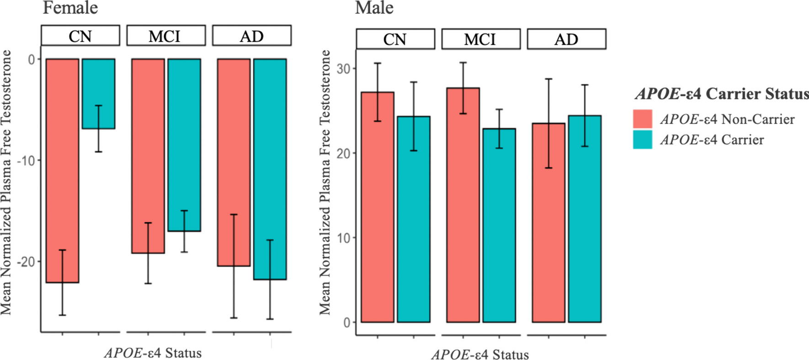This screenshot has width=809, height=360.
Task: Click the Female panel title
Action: (70, 8)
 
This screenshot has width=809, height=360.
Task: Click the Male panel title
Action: (374, 8)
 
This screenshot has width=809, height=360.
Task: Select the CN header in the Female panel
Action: (80, 36)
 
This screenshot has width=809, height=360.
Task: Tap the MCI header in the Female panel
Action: (165, 36)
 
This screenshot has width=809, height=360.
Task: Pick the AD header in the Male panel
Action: (566, 39)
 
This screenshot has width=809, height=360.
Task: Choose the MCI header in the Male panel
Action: (481, 39)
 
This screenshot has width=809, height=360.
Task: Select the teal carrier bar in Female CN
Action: (98, 94)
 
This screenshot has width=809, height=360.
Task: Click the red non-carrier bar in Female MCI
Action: (148, 155)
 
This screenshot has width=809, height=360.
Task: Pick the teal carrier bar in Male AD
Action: (585, 219)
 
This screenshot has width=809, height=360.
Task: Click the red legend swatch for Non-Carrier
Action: (643, 119)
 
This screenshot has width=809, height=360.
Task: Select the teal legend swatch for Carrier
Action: (643, 139)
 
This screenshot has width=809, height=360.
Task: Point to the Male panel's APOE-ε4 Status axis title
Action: (480, 355)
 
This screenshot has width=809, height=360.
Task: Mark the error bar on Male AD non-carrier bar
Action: (549, 123)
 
